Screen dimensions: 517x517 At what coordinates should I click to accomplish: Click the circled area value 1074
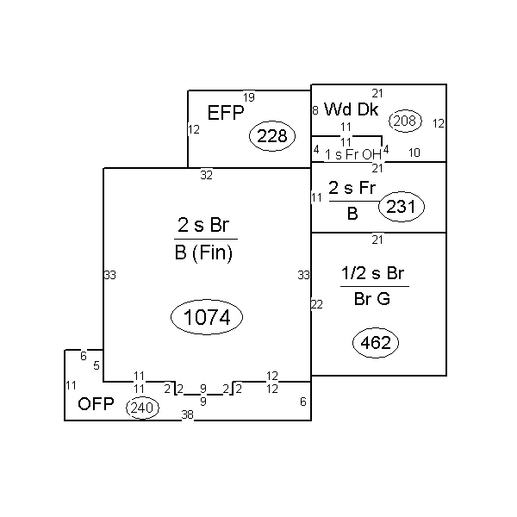(x=207, y=317)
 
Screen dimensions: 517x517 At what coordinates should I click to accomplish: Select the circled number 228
(x=272, y=136)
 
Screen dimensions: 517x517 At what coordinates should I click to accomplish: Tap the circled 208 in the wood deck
(x=405, y=121)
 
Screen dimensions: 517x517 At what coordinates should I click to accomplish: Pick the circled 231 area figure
(x=402, y=207)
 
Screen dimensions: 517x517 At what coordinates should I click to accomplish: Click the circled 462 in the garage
(x=376, y=343)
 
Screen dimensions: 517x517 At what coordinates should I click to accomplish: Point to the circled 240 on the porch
(x=142, y=408)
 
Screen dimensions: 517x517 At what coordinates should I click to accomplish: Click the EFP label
(x=226, y=113)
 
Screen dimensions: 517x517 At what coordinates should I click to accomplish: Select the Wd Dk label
(x=352, y=109)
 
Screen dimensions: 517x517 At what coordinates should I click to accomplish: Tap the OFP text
(x=96, y=403)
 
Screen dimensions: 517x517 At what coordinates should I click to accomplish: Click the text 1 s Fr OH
(x=353, y=154)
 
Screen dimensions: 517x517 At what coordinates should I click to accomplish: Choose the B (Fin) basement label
(x=203, y=253)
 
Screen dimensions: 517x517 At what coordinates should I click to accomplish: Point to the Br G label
(x=372, y=299)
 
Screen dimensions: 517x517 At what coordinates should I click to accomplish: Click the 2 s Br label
(x=203, y=225)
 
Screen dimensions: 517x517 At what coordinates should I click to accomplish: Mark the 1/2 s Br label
(x=373, y=273)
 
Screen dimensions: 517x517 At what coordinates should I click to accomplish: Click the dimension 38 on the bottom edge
(x=187, y=414)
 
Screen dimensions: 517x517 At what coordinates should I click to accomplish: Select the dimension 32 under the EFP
(x=207, y=175)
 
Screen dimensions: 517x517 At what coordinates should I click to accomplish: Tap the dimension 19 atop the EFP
(x=249, y=97)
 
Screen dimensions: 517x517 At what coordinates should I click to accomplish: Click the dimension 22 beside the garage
(x=317, y=304)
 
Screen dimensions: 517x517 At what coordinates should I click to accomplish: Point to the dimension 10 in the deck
(x=414, y=153)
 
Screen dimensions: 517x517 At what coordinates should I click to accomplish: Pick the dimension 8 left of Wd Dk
(x=315, y=110)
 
